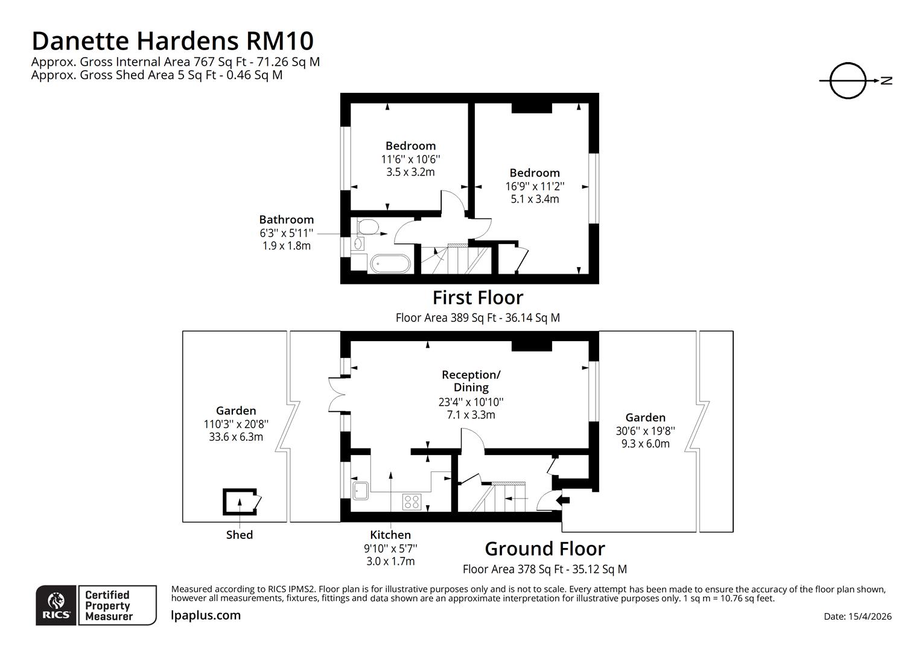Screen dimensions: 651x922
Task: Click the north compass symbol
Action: tap(848, 80)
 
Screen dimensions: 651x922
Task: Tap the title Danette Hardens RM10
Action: tap(173, 41)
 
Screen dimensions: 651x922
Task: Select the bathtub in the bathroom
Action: tap(390, 263)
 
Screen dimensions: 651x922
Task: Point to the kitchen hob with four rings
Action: tap(412, 502)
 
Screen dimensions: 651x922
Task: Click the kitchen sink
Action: tap(361, 490)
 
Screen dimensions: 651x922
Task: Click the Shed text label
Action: tap(240, 535)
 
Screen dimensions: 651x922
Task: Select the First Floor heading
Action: tap(477, 297)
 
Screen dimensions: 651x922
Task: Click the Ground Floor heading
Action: tap(544, 549)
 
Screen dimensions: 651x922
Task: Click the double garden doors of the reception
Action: tap(335, 395)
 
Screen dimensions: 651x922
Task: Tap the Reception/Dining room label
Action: tap(471, 381)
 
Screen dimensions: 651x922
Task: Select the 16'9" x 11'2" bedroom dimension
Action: tap(535, 186)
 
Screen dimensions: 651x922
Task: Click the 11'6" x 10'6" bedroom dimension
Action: tap(410, 159)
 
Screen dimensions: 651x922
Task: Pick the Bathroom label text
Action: tap(287, 219)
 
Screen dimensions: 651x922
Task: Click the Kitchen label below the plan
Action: tap(390, 535)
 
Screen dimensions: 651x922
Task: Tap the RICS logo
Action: tap(56, 605)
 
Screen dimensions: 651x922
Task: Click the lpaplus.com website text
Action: tap(206, 615)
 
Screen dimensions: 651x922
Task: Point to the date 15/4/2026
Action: tap(857, 616)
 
